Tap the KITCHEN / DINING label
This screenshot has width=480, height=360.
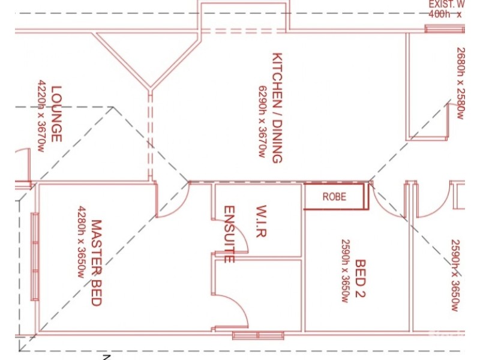[277, 108]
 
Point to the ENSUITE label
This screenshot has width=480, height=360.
[229, 234]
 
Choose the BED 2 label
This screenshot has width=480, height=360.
[361, 278]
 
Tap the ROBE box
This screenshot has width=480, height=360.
[335, 196]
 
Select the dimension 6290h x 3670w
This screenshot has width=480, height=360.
[262, 120]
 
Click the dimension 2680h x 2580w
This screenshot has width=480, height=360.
[460, 83]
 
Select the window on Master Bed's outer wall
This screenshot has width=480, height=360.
[35, 257]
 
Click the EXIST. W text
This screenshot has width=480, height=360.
[446, 5]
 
